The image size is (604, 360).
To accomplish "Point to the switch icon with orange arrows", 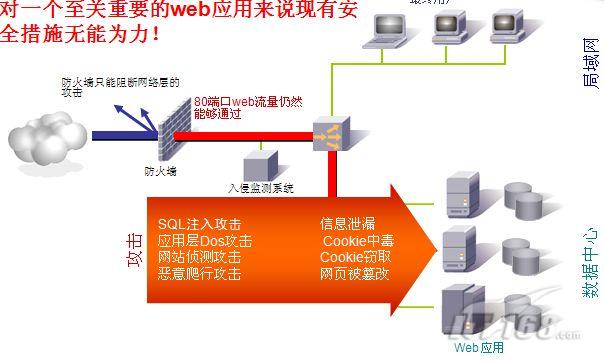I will click(x=330, y=133).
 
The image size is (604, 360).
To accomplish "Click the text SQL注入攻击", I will click(x=200, y=224).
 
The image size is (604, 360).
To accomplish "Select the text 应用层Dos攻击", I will click(x=205, y=241).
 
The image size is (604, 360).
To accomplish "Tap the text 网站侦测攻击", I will click(x=199, y=257).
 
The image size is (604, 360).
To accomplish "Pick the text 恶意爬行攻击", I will click(x=199, y=273).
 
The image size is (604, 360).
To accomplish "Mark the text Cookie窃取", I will click(x=355, y=257).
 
